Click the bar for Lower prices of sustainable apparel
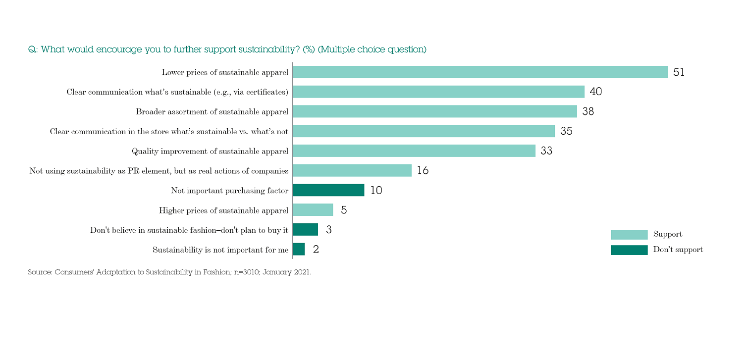point(480,72)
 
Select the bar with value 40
point(438,92)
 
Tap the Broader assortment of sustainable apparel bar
point(434,111)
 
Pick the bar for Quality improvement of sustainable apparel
point(414,151)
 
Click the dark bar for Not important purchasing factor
point(328,190)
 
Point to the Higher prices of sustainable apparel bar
point(313,210)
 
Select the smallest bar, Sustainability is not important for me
point(299,249)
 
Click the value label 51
point(679,72)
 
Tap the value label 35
point(566,131)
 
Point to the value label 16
point(423,171)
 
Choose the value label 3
point(328,230)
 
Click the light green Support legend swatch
point(629,235)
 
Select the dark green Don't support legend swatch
point(629,250)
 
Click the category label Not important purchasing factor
point(229,191)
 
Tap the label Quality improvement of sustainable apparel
point(210,151)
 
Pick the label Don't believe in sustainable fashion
point(189,230)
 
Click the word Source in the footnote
point(39,272)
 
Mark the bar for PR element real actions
point(352,170)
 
